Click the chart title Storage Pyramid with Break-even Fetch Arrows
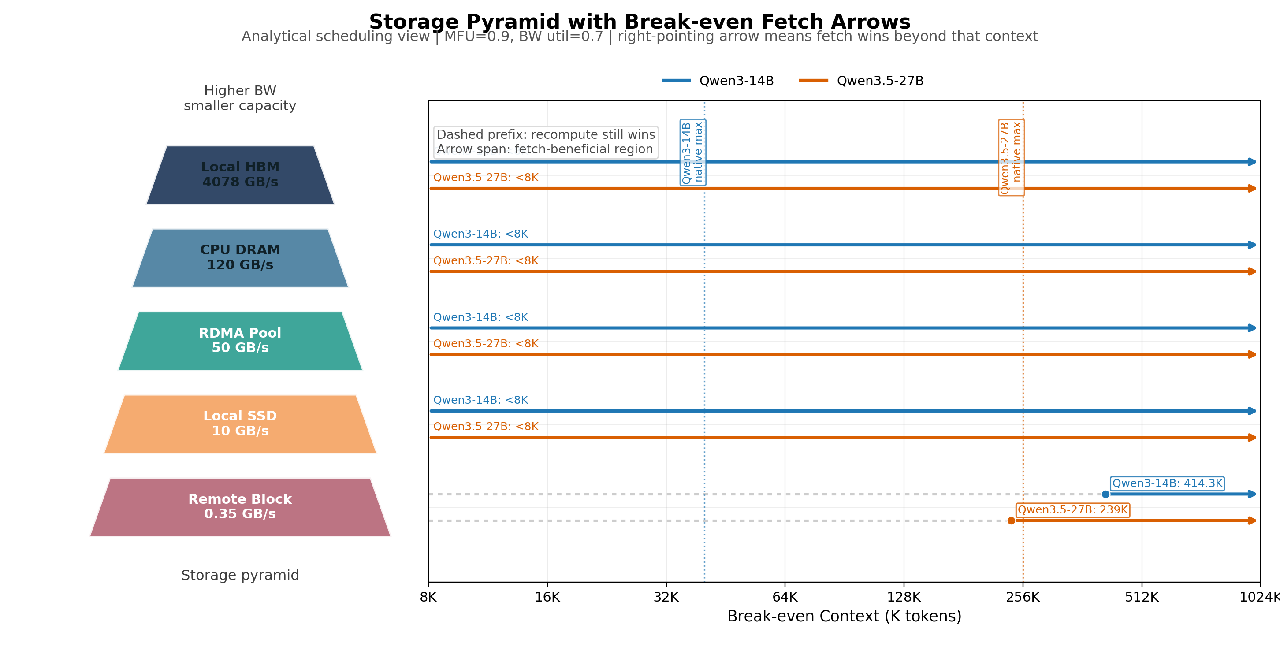pos(640,22)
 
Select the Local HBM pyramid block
pos(240,175)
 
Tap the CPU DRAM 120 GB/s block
pos(240,258)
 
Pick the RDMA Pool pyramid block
pos(240,341)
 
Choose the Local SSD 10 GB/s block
pos(240,424)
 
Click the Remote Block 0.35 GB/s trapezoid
pos(240,506)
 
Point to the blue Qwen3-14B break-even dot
pos(1105,494)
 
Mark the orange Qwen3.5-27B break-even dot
pos(1011,520)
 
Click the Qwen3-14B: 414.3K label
pos(1167,483)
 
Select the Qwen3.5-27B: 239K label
pos(1073,509)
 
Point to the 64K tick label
pos(785,597)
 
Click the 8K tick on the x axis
pos(428,597)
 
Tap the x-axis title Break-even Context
pos(844,617)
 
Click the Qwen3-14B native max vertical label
pos(692,152)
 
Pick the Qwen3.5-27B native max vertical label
pos(1011,157)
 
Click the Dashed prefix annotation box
pos(546,142)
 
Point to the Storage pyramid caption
pos(240,575)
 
